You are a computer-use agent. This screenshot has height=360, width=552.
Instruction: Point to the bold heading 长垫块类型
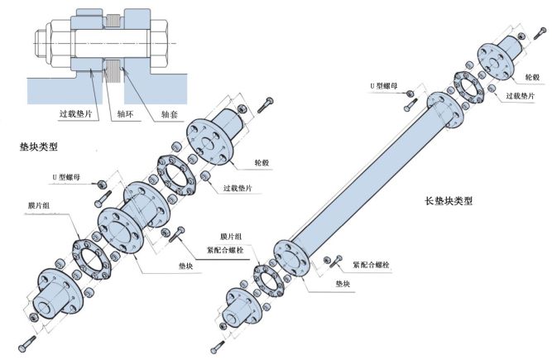pos(451,200)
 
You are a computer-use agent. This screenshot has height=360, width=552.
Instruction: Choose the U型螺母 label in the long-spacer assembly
pos(386,85)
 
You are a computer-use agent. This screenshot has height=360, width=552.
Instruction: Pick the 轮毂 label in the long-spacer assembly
pos(532,76)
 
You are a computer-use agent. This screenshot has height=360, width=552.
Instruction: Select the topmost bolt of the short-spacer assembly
pos(266,103)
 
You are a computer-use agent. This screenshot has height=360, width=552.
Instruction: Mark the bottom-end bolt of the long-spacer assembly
pos(219,344)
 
